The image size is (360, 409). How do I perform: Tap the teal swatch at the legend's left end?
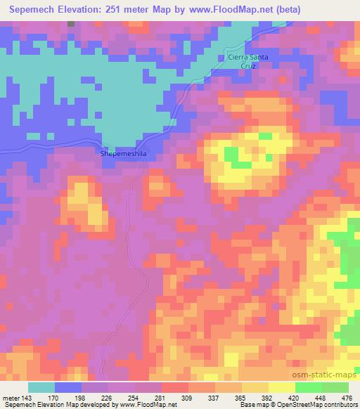coord(42,387)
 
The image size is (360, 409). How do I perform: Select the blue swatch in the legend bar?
coord(68,387)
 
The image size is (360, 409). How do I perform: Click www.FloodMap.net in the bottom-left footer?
coord(150,405)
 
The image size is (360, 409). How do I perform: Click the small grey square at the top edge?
coord(71,23)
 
